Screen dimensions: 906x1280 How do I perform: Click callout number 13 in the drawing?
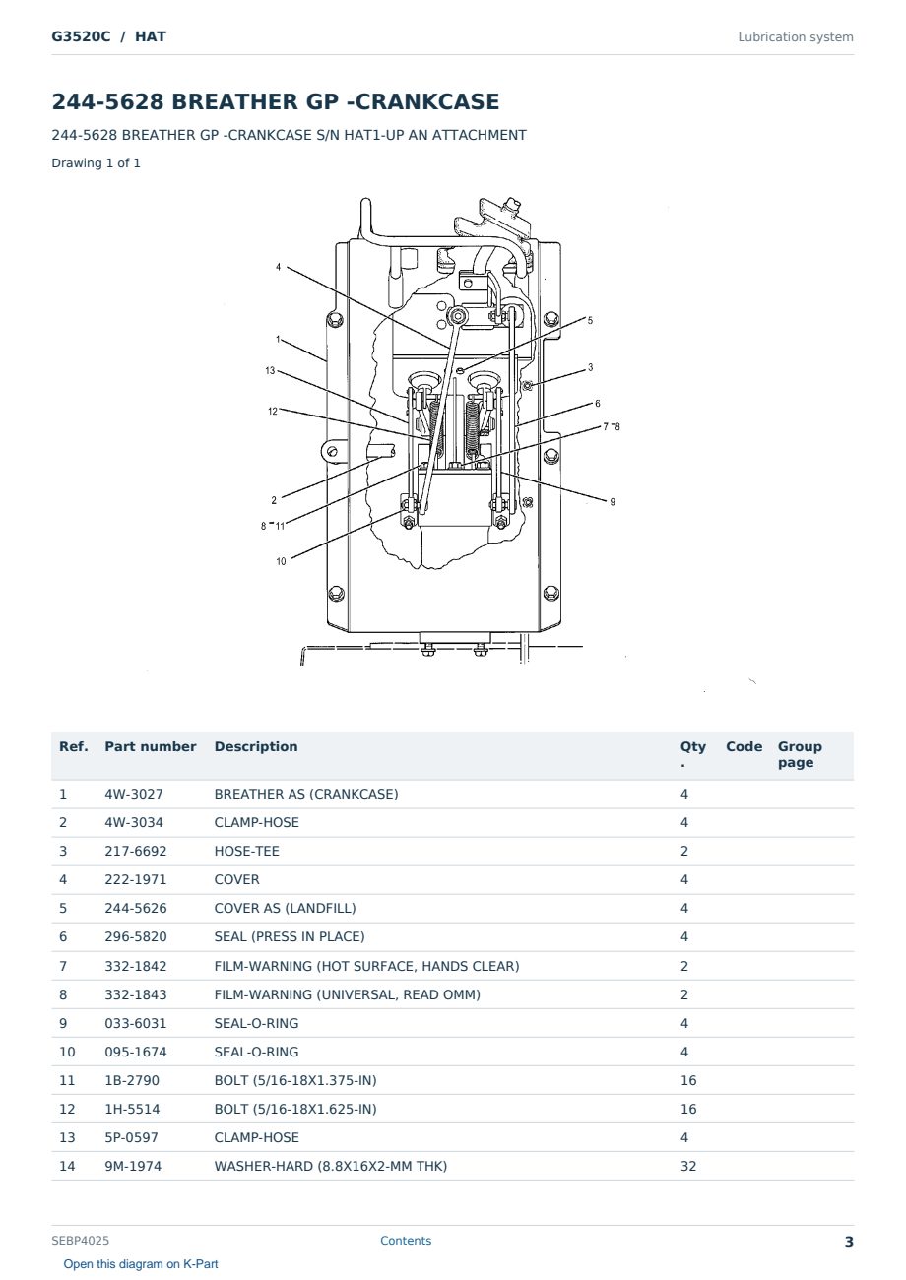tap(270, 371)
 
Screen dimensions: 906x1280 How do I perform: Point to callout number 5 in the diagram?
tap(590, 321)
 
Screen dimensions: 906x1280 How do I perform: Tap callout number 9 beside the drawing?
tap(613, 502)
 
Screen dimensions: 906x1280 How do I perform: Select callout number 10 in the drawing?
tap(281, 561)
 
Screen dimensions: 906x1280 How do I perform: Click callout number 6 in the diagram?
tap(598, 404)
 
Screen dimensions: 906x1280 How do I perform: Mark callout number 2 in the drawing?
tap(274, 500)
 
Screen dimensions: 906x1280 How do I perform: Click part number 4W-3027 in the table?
tap(134, 794)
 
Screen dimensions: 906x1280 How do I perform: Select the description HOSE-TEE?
tap(246, 851)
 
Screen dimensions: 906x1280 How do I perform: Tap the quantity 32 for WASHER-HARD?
tap(688, 1166)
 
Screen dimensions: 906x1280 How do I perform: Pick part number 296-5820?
tap(136, 936)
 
